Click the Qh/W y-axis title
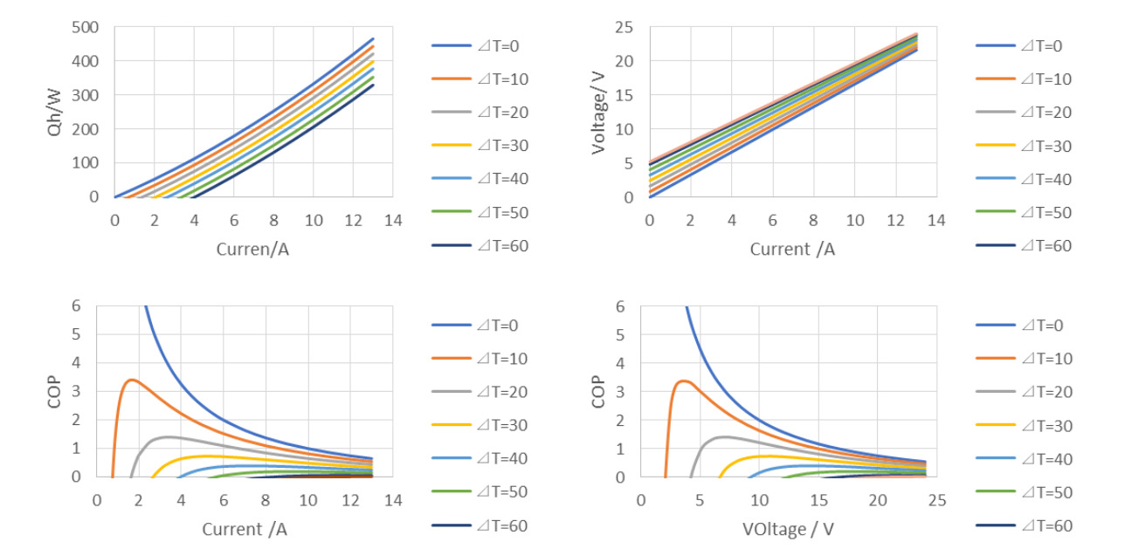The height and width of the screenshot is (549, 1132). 57,113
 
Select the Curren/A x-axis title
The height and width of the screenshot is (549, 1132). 252,250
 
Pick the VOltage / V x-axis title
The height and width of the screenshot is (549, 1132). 788,529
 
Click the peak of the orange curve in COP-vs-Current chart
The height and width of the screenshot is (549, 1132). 131,380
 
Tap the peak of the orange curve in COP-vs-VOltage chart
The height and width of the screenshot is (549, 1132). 682,381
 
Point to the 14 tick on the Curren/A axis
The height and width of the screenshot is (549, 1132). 393,220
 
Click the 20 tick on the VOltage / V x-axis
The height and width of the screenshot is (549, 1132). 878,501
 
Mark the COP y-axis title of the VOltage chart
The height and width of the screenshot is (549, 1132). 598,392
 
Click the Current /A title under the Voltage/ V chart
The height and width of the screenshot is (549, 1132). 792,250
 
